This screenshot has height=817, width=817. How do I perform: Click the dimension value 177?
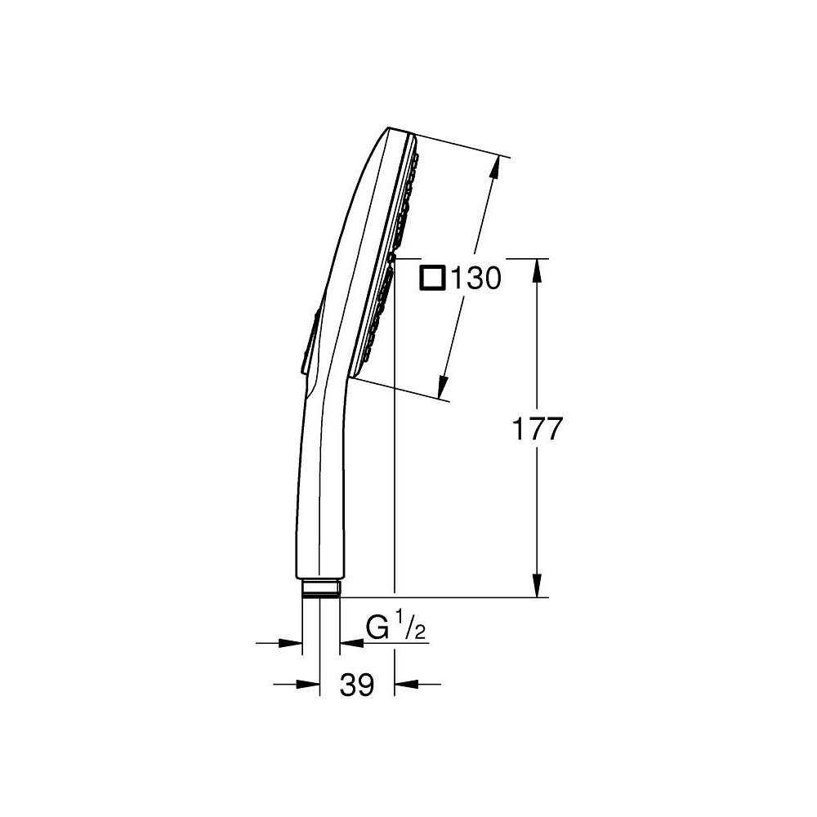pos(538,429)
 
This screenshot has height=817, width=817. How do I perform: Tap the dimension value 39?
pos(356,685)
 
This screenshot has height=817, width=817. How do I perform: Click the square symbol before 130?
pos(431,279)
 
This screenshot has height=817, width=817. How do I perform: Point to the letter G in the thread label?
pos(377,628)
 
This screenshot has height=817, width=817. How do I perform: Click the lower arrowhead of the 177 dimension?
pos(537,588)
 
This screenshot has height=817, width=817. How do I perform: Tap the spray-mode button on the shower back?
pos(310,343)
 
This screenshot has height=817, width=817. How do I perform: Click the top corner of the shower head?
pos(391,128)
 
